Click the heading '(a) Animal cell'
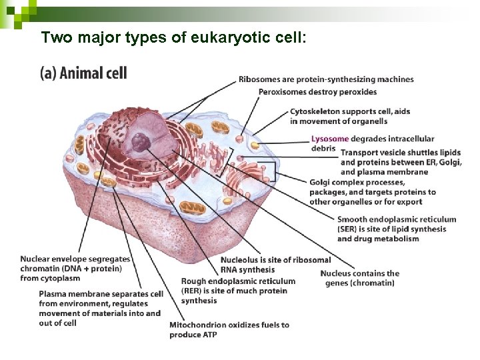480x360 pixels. pyautogui.click(x=83, y=73)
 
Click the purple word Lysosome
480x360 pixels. pyautogui.click(x=329, y=139)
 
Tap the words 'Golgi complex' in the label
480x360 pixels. pyautogui.click(x=337, y=183)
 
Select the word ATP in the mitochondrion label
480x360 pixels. pyautogui.click(x=209, y=335)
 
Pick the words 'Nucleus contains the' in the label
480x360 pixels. pyautogui.click(x=359, y=273)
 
